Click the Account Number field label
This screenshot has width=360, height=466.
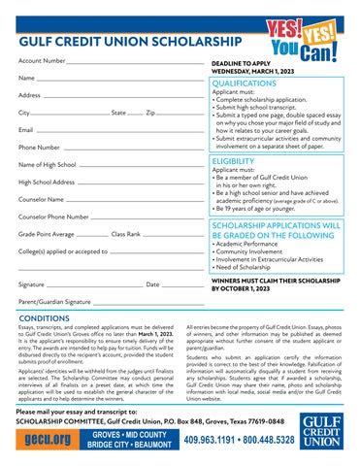click(43, 60)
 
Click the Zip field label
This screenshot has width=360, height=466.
click(149, 113)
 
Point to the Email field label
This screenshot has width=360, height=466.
click(26, 129)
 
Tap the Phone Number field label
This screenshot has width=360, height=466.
click(40, 147)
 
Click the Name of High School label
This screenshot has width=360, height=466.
click(48, 165)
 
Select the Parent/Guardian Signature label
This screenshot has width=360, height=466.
click(54, 302)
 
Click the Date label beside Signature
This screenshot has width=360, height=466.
click(152, 284)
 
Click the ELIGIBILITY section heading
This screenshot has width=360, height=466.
click(233, 161)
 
